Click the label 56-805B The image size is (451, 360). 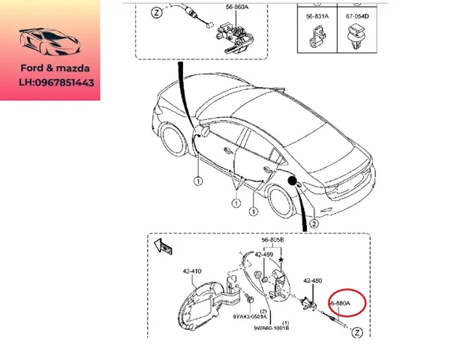click(x=273, y=241)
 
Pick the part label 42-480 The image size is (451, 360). click(x=312, y=280)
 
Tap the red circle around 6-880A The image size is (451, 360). click(x=347, y=303)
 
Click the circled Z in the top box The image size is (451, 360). click(x=155, y=13)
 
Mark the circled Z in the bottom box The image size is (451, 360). click(x=357, y=331)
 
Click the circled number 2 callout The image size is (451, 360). click(x=314, y=223)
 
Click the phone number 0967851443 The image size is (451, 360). click(x=66, y=83)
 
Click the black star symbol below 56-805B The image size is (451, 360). click(x=281, y=259)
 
